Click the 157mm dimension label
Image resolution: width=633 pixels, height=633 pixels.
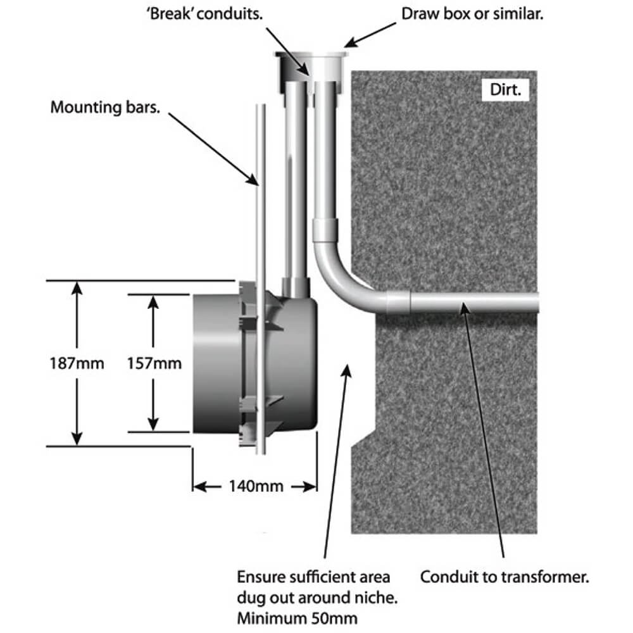154,364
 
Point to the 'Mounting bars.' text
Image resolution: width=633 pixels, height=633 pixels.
105,107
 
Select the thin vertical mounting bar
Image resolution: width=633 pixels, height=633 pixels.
260,253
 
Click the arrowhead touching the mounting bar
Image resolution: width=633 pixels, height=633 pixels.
255,182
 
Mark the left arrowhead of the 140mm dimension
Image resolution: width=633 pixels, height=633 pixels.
197,487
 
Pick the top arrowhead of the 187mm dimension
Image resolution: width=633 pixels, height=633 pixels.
77,287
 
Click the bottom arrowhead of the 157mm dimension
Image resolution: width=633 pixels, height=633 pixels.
152,427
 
